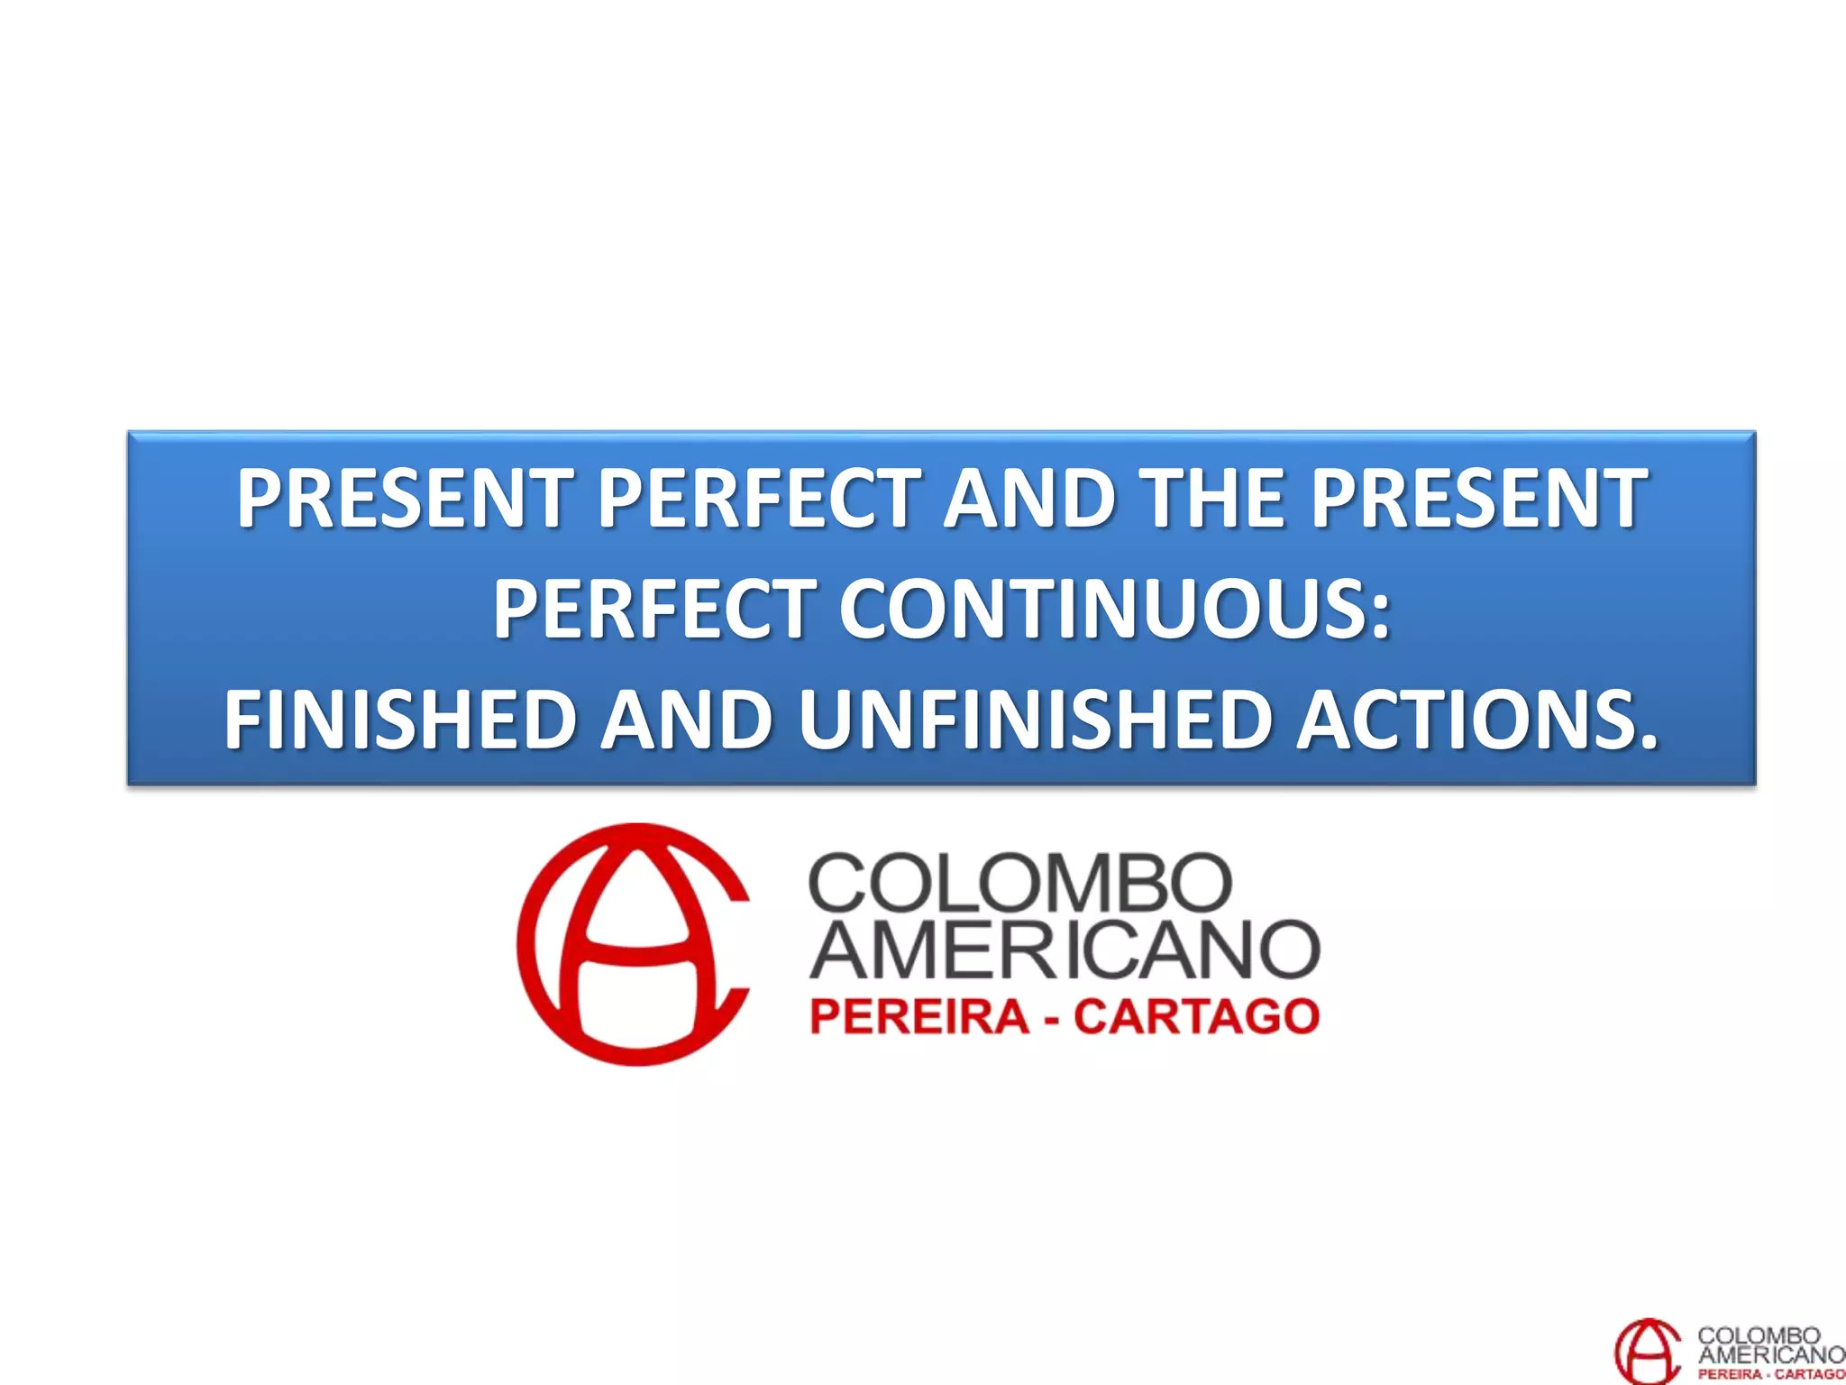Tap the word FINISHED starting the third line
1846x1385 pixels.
400,719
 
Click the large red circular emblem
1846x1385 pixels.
634,944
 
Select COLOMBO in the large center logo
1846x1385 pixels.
1019,883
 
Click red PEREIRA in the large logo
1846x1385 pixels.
919,1017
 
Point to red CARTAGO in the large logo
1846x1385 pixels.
1196,1017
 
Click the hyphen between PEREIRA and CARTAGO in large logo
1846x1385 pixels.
1052,1019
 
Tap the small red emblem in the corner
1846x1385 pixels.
1646,1350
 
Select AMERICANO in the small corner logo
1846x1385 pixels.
1771,1353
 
